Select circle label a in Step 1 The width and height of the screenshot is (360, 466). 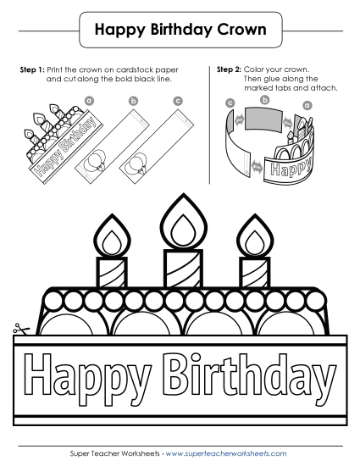click(88, 101)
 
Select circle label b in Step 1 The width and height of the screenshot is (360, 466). click(133, 101)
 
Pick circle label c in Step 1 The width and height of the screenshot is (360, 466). click(177, 101)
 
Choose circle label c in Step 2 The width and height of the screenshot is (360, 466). click(230, 103)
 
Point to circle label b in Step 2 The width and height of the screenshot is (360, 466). click(264, 99)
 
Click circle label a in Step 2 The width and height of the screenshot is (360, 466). click(307, 105)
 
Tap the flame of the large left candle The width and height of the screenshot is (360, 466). click(110, 235)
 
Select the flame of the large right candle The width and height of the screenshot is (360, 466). click(251, 235)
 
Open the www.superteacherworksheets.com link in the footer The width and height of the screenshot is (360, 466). click(231, 454)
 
